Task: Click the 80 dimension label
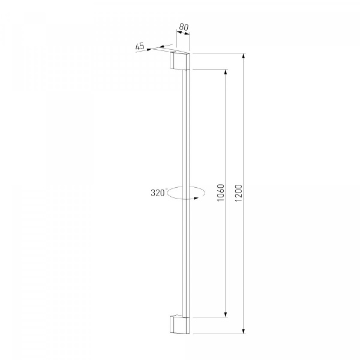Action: (184, 27)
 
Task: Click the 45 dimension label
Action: (140, 46)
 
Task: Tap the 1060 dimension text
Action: (221, 193)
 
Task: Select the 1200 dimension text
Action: (239, 193)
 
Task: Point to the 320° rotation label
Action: (159, 193)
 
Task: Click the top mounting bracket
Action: (179, 61)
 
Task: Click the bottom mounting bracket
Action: (179, 325)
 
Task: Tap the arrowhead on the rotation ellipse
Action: (196, 198)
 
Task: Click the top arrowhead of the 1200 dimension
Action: (244, 56)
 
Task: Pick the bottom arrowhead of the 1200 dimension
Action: (244, 331)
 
